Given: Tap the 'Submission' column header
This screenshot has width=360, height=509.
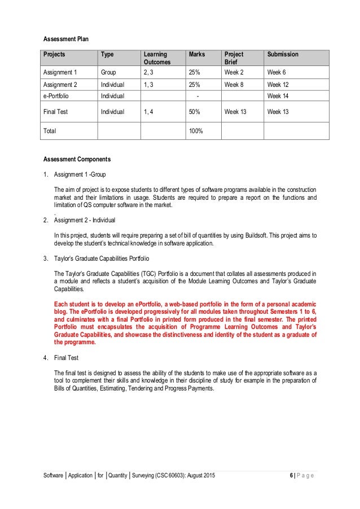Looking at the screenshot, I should [283, 55].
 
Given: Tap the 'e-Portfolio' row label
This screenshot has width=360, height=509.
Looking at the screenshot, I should [58, 96].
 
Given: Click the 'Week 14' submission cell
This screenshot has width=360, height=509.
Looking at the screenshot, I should [279, 96].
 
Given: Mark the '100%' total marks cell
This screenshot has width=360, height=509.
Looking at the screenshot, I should [196, 130].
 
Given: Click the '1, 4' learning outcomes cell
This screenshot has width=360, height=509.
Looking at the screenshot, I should [150, 112].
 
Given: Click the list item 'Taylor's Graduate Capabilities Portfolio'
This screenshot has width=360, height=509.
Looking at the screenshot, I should [102, 259].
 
